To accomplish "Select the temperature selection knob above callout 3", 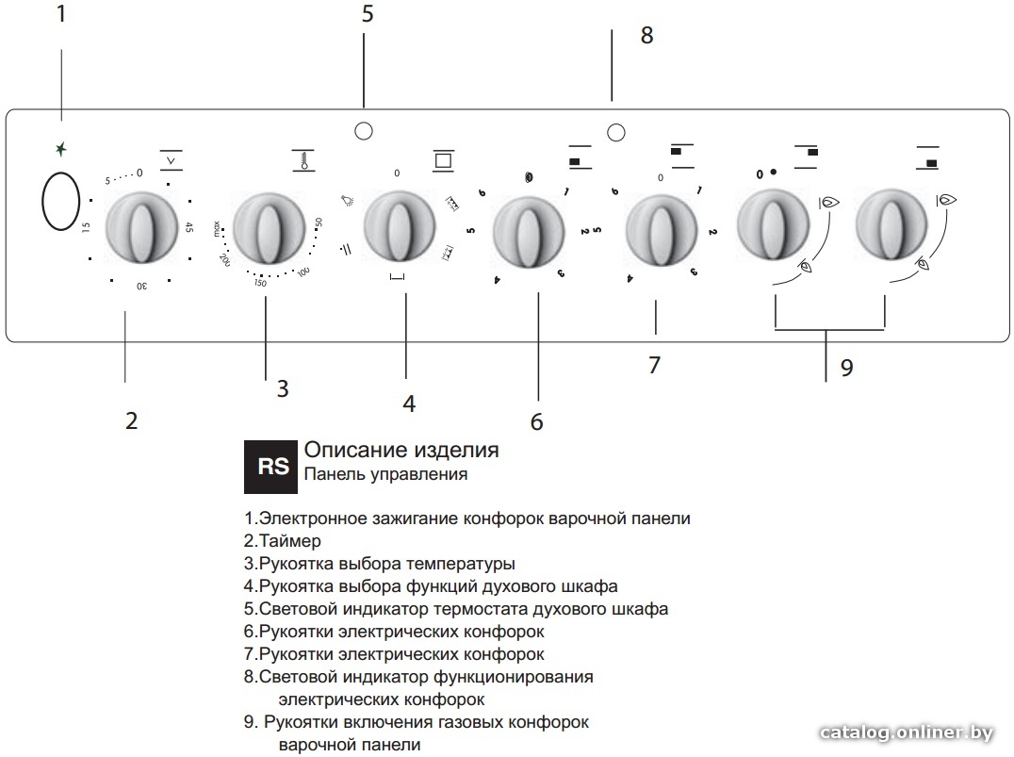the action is click(269, 228).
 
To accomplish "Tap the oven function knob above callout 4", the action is click(399, 227).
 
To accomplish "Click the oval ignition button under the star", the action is click(61, 201).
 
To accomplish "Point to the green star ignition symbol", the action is click(61, 150).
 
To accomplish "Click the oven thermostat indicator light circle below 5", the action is click(364, 131).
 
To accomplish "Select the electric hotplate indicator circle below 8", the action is click(616, 133).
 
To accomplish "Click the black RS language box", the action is click(270, 467).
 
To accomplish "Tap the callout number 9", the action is click(846, 368).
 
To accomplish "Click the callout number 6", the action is click(537, 421).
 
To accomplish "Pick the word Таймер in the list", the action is click(289, 541).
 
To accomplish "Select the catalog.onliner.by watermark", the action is click(906, 732).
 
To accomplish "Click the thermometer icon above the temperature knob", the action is click(303, 160).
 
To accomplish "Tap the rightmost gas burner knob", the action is click(891, 224).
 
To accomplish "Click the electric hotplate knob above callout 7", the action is click(661, 231).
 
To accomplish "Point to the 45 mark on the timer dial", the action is click(188, 227).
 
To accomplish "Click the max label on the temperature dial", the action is click(217, 228).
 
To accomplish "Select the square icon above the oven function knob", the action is click(443, 160).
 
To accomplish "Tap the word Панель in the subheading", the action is click(333, 474).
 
